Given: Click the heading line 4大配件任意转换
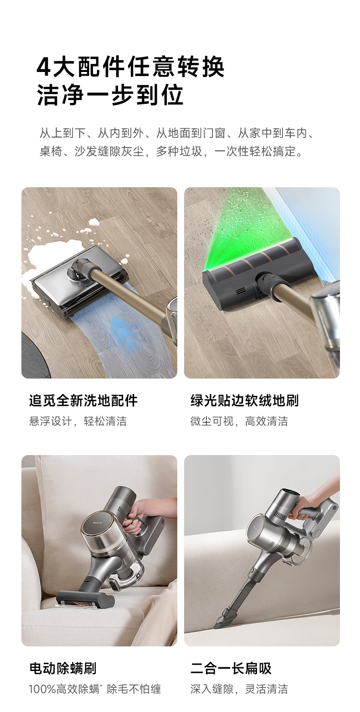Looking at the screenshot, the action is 130,67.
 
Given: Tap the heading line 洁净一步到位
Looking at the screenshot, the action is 110,95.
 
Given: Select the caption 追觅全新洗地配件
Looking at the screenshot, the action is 83,400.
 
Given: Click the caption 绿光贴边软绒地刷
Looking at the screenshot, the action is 245,400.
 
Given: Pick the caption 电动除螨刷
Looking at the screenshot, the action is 62,668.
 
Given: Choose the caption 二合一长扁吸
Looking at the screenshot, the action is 231,668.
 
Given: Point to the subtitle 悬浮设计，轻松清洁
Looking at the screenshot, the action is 78,421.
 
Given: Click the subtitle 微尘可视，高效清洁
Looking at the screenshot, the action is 239,421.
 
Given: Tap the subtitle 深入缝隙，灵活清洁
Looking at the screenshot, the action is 239,689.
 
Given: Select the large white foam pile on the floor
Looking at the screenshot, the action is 51,254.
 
